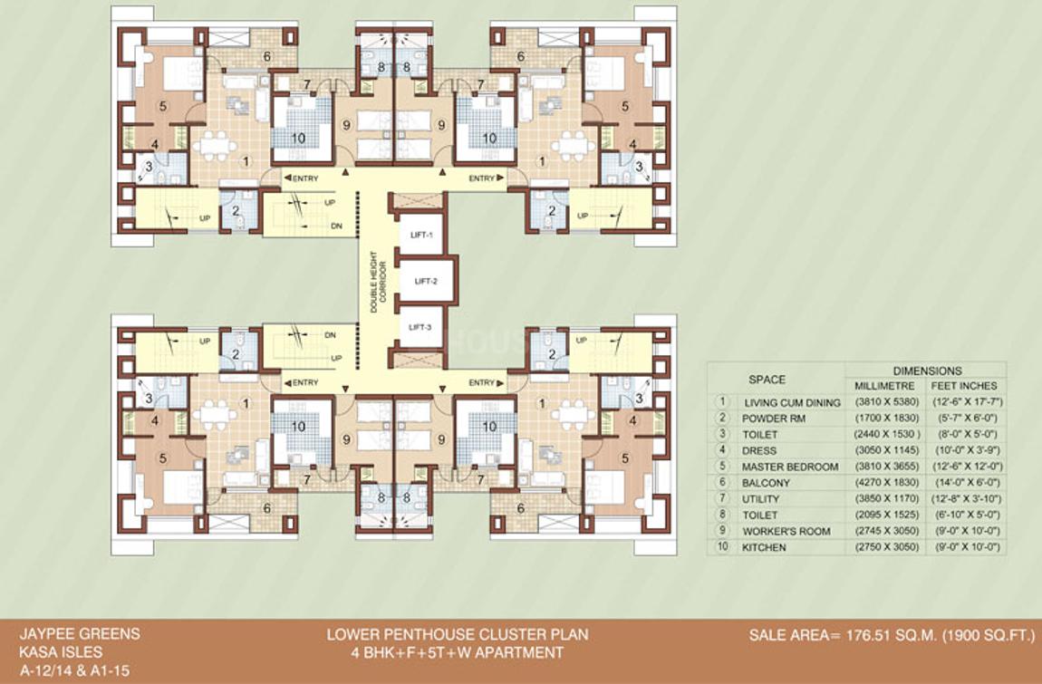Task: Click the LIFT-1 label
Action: click(x=422, y=236)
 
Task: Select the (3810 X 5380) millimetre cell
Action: click(x=883, y=401)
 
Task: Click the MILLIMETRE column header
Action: click(x=883, y=385)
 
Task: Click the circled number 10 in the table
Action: click(x=722, y=548)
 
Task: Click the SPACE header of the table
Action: click(x=767, y=379)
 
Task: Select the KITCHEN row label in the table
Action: click(x=764, y=548)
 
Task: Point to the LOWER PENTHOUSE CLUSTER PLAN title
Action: click(x=457, y=634)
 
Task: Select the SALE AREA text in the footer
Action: click(x=892, y=636)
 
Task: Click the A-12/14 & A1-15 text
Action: click(x=69, y=669)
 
